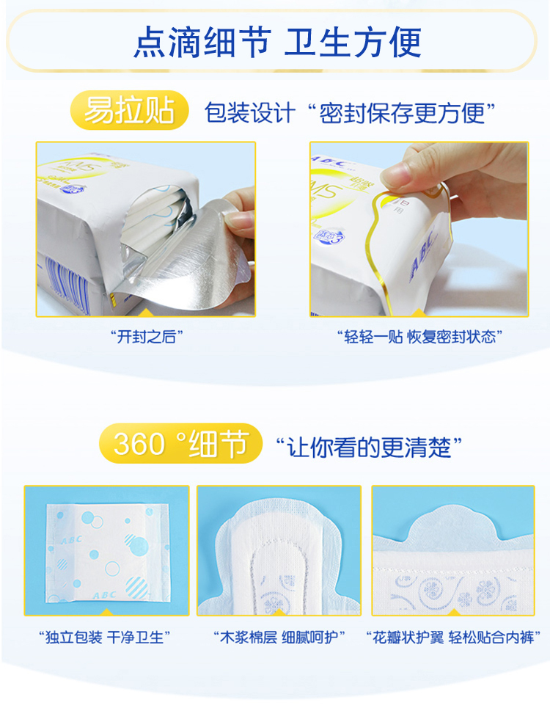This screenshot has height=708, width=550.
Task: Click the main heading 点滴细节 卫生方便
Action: (x=277, y=42)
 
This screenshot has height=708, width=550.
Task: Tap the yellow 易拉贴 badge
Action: (x=130, y=110)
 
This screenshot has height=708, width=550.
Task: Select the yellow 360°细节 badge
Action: (x=180, y=443)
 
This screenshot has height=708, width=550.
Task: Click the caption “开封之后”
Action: (x=147, y=336)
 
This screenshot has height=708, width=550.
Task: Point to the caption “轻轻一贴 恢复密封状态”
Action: (x=419, y=336)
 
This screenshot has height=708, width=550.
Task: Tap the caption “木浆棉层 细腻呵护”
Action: (x=279, y=637)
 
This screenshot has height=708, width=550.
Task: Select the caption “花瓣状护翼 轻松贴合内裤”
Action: (x=453, y=637)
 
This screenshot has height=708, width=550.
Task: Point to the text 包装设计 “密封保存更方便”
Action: (x=350, y=112)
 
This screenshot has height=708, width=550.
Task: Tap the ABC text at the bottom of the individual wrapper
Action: (x=104, y=595)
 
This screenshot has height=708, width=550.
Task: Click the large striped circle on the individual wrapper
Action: (x=136, y=588)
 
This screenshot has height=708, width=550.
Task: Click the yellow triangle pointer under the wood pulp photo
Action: (x=279, y=611)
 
